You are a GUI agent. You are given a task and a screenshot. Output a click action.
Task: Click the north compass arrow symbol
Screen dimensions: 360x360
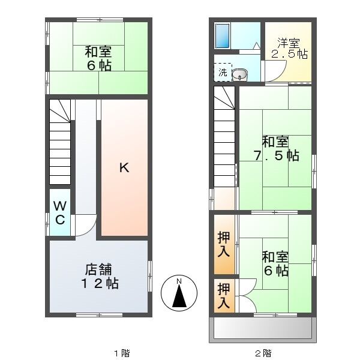(178, 293)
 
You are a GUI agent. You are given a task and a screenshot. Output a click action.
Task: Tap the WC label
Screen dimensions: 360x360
(60, 213)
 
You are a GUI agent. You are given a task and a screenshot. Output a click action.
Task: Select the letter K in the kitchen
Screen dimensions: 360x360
(123, 168)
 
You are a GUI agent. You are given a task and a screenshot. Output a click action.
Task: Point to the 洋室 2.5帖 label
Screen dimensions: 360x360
(289, 49)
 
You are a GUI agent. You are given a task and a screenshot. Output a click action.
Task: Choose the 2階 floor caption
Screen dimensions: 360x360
(262, 353)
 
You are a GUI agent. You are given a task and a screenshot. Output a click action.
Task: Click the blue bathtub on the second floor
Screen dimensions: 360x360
(223, 37)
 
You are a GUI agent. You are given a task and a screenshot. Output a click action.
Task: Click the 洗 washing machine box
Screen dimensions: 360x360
(223, 73)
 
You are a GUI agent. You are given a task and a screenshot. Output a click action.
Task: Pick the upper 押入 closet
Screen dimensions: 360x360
(223, 244)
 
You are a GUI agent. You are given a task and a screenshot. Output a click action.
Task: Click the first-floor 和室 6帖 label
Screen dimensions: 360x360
(98, 58)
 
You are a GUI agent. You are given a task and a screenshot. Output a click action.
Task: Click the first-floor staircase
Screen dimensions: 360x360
(60, 144)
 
